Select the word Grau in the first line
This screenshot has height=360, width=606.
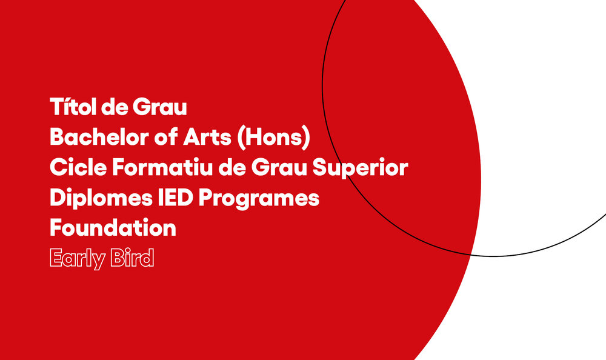pyautogui.click(x=159, y=107)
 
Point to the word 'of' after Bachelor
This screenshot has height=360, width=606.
pyautogui.click(x=166, y=137)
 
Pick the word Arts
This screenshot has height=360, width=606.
pyautogui.click(x=207, y=137)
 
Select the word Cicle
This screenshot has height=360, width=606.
pyautogui.click(x=78, y=167)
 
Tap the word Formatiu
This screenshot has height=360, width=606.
pyautogui.click(x=162, y=167)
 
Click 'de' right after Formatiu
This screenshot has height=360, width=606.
pyautogui.click(x=232, y=167)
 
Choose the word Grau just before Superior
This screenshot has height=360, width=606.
pyautogui.click(x=279, y=167)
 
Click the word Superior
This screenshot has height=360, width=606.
pyautogui.click(x=360, y=168)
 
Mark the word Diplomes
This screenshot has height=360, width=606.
pyautogui.click(x=101, y=199)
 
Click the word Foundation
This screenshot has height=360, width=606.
pyautogui.click(x=113, y=227)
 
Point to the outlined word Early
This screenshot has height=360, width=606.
pyautogui.click(x=78, y=258)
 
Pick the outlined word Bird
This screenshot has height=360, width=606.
pyautogui.click(x=132, y=258)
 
